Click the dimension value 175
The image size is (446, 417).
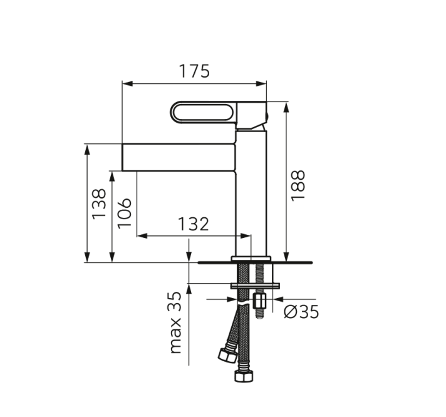pos(194,71)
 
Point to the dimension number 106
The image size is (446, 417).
pos(124,213)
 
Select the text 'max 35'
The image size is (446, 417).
pos(176,322)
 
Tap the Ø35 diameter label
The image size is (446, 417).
pos(301,311)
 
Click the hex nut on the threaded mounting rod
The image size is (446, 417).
pos(260,303)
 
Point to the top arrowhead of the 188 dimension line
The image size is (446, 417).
pos(286,105)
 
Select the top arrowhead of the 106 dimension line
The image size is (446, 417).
pos(112,175)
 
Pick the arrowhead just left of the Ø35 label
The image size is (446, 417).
pos(275,297)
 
